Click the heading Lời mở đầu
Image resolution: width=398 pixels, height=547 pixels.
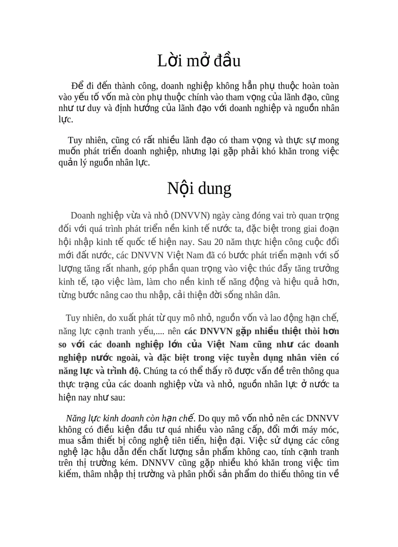tap(199, 61)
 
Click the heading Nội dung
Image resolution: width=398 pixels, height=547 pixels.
tap(199, 188)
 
